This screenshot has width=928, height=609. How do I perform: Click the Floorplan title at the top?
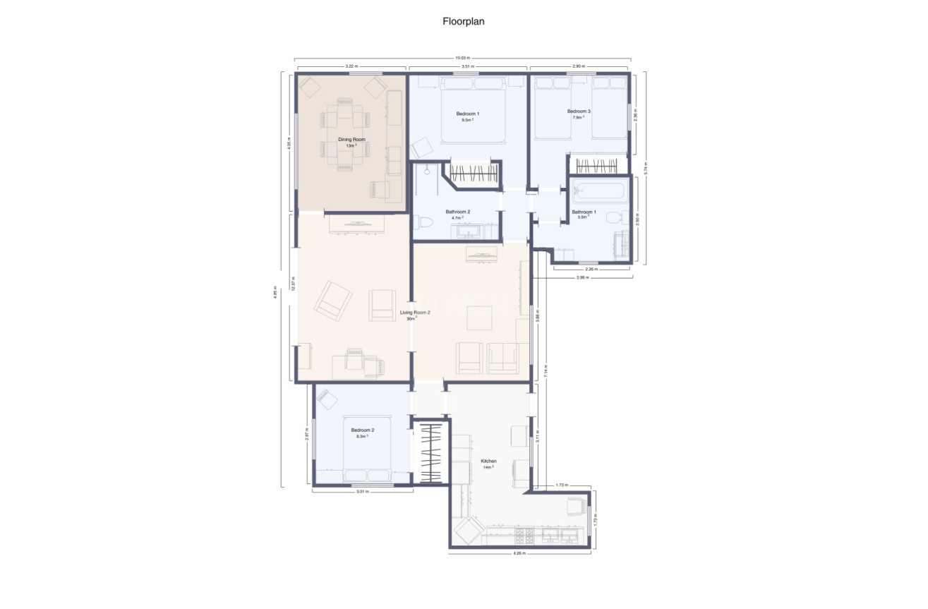pos(463,21)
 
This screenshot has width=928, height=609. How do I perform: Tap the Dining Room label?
pos(351,140)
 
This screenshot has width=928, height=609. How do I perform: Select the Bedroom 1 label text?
pos(467,114)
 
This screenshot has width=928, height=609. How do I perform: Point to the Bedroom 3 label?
pos(579,111)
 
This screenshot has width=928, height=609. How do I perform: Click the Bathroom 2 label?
pos(457,212)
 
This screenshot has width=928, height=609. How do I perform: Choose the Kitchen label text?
pos(488,461)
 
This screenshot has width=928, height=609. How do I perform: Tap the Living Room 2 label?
pos(415,312)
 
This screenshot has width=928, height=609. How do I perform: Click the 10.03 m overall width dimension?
pos(462,58)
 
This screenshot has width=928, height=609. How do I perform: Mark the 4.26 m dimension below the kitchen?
pos(520,554)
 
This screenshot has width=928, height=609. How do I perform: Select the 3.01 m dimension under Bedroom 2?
pos(362,491)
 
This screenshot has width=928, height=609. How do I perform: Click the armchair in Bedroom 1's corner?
pos(422,147)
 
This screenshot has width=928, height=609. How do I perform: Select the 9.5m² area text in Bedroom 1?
pos(467,121)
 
